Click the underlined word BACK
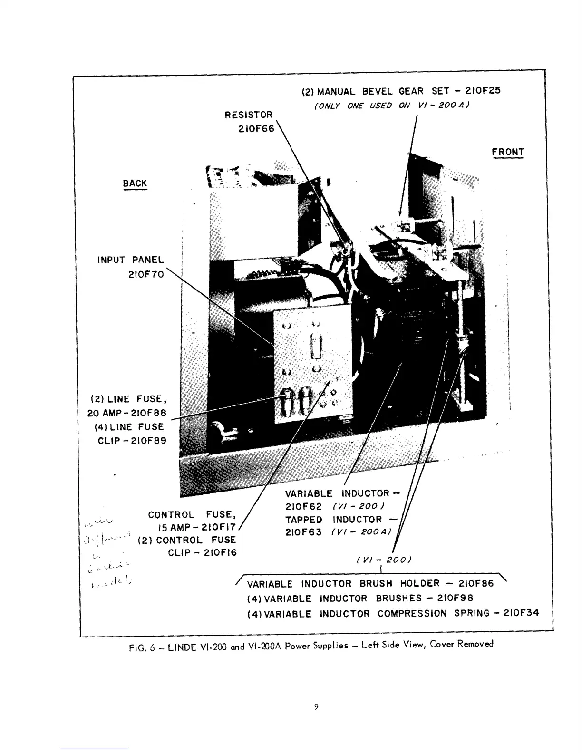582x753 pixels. [x=135, y=183]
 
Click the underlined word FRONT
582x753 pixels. [x=508, y=152]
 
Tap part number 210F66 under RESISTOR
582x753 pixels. [x=256, y=129]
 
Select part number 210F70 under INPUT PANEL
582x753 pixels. [x=146, y=275]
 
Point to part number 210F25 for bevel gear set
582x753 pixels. [x=483, y=90]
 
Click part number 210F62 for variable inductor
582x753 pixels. [x=303, y=507]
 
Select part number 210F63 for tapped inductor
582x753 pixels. [x=303, y=532]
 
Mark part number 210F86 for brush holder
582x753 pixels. [x=476, y=583]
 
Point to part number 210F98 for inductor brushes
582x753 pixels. [x=455, y=598]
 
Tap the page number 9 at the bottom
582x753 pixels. [x=316, y=707]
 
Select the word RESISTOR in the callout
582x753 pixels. [x=249, y=115]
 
